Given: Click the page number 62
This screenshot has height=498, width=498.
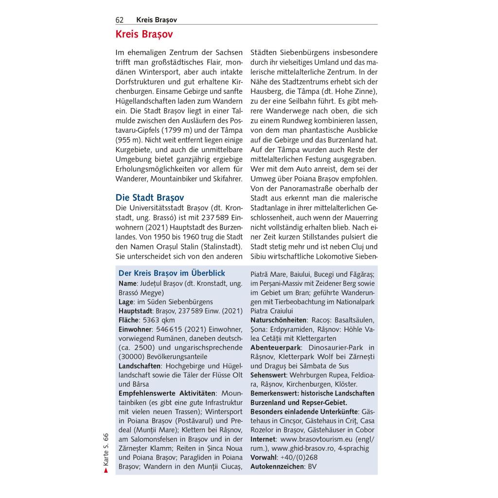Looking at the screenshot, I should click(119, 20).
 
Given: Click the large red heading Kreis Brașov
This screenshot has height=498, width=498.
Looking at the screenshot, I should click(144, 35).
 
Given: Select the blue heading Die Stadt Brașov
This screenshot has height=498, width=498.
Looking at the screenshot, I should click(150, 197).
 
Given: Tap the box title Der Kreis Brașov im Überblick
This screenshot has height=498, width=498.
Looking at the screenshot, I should click(172, 274).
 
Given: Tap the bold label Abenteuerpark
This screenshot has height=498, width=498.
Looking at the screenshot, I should click(276, 348).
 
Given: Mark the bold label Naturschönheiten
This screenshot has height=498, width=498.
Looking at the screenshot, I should click(278, 320).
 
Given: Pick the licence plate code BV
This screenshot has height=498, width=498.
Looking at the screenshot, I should click(312, 467).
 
